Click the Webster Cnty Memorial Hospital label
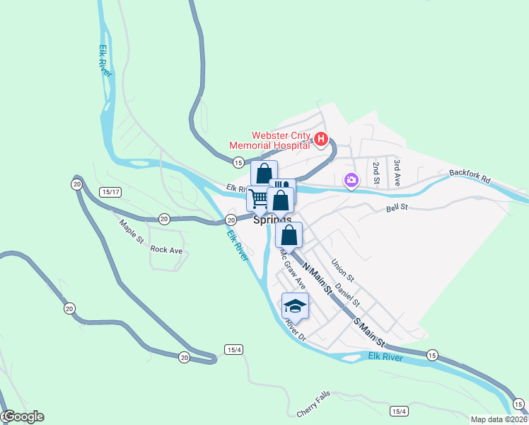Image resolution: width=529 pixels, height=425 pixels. point(271,140)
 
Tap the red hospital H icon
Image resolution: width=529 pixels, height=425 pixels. point(320,139)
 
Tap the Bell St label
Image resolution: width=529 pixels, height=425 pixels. point(397,208)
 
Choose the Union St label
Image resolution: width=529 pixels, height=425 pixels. point(342,267)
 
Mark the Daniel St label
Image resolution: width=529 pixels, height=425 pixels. point(348,294)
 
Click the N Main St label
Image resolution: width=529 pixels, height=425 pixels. point(317,279)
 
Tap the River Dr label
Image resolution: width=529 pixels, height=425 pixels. point(295,329)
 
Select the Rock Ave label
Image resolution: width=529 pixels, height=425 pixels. point(167,250)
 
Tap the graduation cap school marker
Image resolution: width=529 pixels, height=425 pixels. point(295,305)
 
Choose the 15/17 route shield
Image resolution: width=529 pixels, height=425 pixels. point(111,192)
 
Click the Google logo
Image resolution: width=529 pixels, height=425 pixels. point(23,416)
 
